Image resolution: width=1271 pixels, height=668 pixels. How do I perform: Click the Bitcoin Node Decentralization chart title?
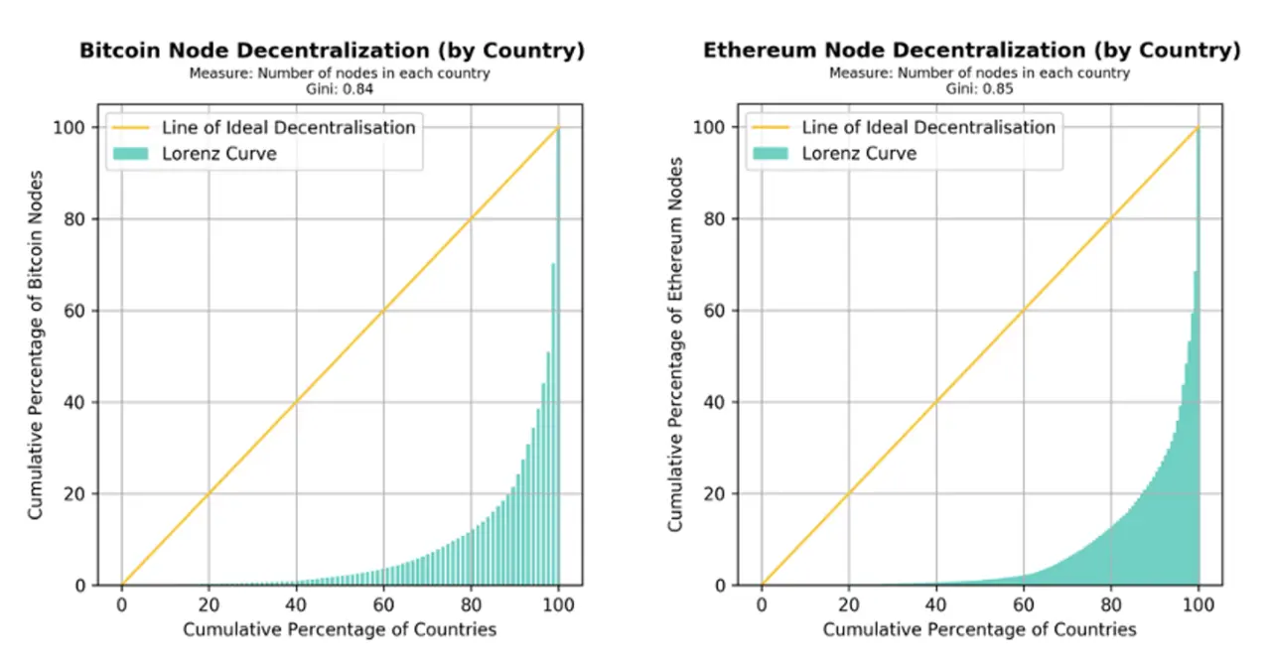pos(332,51)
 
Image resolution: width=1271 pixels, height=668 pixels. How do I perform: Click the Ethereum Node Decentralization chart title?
pos(972,51)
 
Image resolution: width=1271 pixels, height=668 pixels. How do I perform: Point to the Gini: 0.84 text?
pos(332,88)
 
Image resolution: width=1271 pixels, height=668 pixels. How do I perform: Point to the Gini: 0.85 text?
pos(972,88)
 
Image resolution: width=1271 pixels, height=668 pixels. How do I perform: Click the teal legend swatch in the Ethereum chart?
pos(772,153)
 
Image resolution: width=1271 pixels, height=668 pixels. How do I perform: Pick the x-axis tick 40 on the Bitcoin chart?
pos(296,603)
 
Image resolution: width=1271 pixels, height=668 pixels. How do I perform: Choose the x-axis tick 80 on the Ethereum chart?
pos(1111,603)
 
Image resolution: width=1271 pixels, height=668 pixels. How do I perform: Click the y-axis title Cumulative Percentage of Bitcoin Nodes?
pos(37,344)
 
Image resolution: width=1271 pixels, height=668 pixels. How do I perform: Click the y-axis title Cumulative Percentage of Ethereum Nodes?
pos(676,343)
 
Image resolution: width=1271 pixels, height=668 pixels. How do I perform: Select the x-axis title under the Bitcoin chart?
pos(340,629)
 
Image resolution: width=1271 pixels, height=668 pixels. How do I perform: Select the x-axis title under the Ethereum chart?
pos(980,629)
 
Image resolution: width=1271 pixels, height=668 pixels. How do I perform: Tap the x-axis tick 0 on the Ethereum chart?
pos(762,603)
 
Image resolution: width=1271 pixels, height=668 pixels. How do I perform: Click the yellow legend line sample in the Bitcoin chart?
pos(131,127)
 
